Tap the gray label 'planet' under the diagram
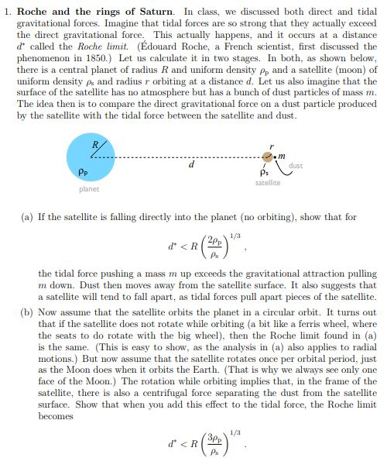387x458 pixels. click(x=90, y=189)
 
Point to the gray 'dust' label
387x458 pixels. click(x=295, y=165)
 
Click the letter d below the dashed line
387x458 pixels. click(x=191, y=166)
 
